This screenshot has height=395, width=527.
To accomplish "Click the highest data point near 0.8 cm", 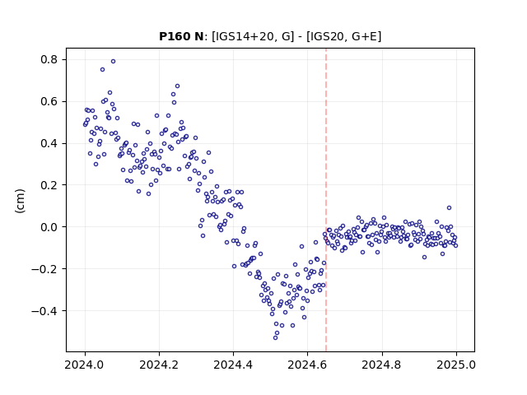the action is click(x=114, y=61).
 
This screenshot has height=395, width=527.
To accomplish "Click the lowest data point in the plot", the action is click(x=275, y=337).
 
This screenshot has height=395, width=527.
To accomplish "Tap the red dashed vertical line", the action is click(x=326, y=200).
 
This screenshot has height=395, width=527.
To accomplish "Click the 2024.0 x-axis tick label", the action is click(x=85, y=365).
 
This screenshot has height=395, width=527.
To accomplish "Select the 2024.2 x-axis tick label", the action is click(x=159, y=365).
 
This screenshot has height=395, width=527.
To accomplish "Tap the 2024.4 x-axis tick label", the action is click(x=233, y=365).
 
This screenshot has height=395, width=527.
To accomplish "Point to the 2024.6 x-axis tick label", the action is click(x=307, y=365).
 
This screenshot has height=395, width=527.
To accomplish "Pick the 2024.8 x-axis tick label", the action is click(x=382, y=365).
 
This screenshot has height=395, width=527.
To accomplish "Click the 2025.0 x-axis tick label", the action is click(x=456, y=365).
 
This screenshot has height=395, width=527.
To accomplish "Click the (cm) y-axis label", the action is click(x=20, y=201).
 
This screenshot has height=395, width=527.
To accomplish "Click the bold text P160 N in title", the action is click(x=181, y=36).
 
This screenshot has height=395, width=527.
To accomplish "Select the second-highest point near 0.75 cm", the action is click(x=102, y=69).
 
